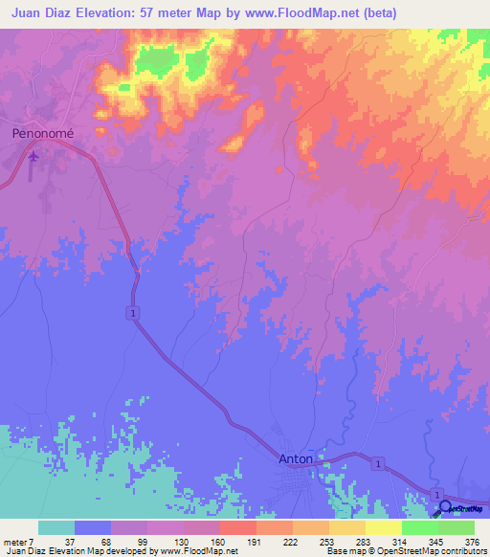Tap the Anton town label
click(295, 458)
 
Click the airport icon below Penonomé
click(35, 155)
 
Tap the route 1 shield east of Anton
click(380, 463)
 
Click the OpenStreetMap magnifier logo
click(446, 508)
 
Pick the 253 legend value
click(328, 543)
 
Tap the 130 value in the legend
click(183, 543)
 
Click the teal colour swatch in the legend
click(56, 527)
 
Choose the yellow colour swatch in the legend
click(383, 527)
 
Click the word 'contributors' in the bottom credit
click(466, 551)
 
